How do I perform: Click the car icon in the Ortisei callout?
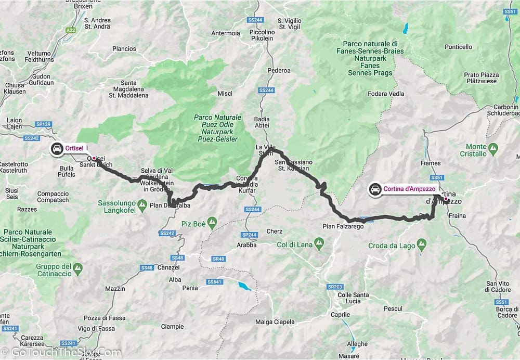point(57,149)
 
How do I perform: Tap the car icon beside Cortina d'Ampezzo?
point(374,189)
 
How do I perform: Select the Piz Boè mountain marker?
point(212,224)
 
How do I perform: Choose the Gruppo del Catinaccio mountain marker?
point(77,269)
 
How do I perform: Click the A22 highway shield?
point(71,31)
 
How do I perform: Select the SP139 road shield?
point(44,124)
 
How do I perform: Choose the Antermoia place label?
point(226,33)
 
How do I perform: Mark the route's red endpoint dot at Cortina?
point(446,199)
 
